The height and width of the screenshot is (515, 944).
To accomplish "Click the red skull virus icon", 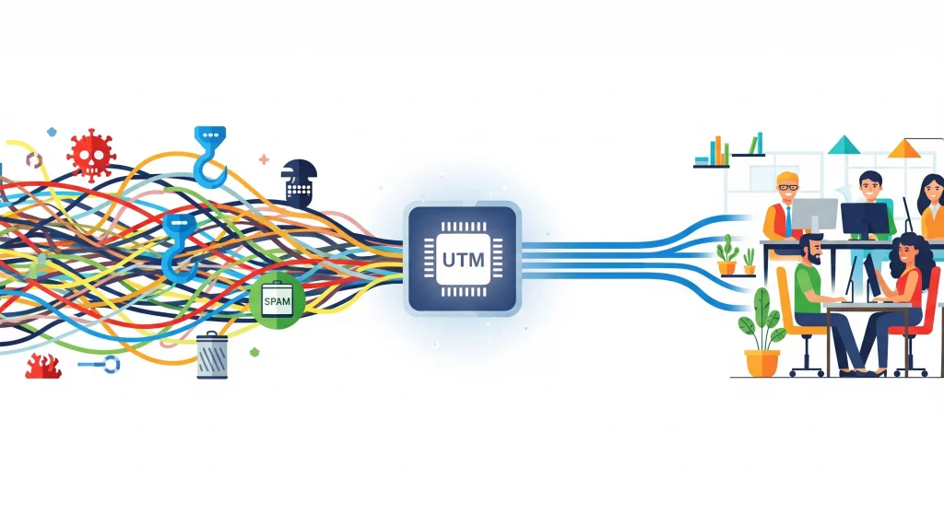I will point(91,154).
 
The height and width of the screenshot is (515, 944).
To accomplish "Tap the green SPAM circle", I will point(277,300).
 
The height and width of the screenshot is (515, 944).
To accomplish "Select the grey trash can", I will point(212,356).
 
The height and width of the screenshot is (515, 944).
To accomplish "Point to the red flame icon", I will point(42,366).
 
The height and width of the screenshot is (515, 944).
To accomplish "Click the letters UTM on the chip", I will point(463,260).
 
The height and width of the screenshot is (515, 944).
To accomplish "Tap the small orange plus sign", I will point(264,159).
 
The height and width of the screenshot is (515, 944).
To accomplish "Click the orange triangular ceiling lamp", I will point(909,148).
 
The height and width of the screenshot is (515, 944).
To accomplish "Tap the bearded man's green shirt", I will point(811,290).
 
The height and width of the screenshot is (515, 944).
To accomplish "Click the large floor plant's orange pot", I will point(761,362).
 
